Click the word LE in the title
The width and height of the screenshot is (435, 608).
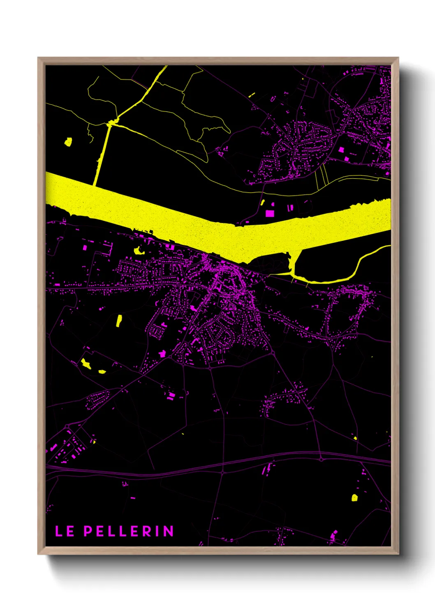coord(65,531)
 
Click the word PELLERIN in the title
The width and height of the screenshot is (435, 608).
coord(129,531)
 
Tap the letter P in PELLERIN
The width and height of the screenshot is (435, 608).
coord(88,531)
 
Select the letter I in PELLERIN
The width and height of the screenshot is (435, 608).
coord(158,531)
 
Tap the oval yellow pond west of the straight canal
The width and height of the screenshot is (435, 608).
coord(68,142)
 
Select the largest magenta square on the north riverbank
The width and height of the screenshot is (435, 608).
coord(270,213)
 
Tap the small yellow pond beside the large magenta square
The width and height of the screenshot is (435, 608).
coord(263,202)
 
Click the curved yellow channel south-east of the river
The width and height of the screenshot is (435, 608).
coord(354,271)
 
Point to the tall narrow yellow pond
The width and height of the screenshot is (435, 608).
coord(119,320)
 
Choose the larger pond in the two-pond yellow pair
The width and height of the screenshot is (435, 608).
coord(86,363)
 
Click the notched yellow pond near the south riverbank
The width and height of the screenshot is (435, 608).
coord(138,250)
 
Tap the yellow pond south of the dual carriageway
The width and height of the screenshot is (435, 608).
coord(354,498)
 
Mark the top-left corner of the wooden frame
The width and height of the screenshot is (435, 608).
coord(38,58)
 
